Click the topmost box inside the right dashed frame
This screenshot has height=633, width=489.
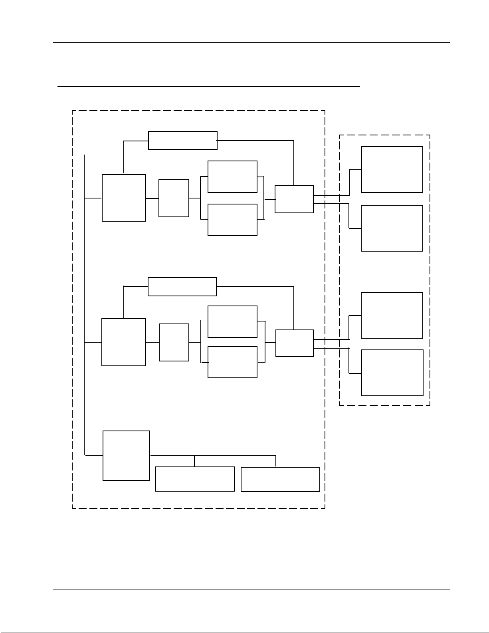[x=392, y=169]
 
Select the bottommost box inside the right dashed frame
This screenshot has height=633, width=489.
[x=392, y=373]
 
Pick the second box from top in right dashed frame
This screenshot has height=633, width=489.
[x=392, y=228]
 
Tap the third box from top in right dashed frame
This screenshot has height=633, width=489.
[x=392, y=315]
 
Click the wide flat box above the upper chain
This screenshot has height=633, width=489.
[x=183, y=140]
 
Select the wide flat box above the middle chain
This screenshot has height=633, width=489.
[x=182, y=287]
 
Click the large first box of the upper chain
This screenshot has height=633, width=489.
[x=124, y=198]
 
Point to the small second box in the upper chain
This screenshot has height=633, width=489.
[x=174, y=198]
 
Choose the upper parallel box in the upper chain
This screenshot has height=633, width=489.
[x=232, y=177]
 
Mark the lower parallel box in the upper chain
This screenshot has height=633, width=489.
[x=232, y=220]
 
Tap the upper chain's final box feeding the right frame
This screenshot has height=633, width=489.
[x=294, y=199]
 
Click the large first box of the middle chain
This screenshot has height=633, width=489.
[x=123, y=342]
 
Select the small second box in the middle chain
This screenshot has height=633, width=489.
[x=174, y=342]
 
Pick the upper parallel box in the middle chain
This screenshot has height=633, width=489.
[x=232, y=321]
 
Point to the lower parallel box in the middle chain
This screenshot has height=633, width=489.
[x=232, y=362]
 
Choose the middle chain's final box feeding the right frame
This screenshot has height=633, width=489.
[x=295, y=343]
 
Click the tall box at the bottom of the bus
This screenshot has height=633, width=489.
[x=126, y=455]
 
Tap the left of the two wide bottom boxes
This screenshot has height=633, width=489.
[x=195, y=479]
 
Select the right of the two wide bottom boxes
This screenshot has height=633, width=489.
[x=280, y=479]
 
